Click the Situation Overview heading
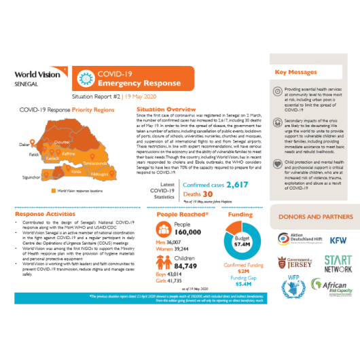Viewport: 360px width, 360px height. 166,109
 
